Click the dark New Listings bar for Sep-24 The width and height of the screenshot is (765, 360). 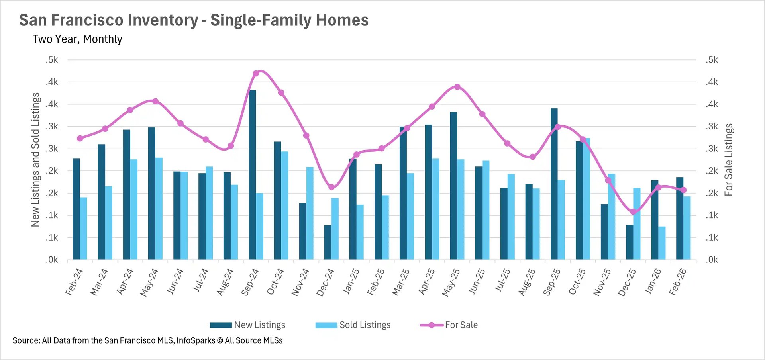tap(252, 175)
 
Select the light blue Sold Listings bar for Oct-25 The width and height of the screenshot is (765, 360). tap(586, 199)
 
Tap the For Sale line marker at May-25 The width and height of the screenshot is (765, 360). tap(457, 87)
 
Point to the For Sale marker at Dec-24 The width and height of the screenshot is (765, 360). tap(331, 187)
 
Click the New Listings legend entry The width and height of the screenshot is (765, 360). tap(248, 325)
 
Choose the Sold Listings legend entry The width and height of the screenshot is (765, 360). tap(353, 325)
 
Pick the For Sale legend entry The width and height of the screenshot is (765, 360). tap(449, 325)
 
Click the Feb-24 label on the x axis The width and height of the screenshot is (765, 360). tap(74, 282)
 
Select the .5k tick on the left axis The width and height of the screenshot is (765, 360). tap(52, 60)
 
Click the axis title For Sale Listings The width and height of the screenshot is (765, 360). tap(728, 160)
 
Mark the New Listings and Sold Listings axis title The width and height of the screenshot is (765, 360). tap(35, 160)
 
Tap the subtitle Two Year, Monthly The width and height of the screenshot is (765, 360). tap(77, 39)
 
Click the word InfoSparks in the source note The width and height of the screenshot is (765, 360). tap(196, 340)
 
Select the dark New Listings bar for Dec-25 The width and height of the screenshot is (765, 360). tap(630, 242)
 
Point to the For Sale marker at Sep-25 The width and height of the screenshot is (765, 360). tap(557, 127)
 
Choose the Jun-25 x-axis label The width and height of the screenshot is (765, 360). tap(477, 282)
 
